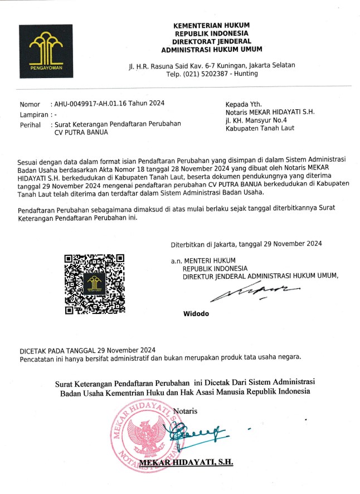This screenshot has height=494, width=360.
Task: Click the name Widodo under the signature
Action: click(196, 313)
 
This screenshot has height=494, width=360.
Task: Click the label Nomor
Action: click(30, 104)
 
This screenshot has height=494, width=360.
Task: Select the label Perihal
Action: click(31, 124)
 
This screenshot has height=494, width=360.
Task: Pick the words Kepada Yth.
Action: click(243, 104)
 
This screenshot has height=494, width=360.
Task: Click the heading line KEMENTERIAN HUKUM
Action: click(211, 25)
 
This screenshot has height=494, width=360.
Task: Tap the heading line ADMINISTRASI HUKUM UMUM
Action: click(211, 49)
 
